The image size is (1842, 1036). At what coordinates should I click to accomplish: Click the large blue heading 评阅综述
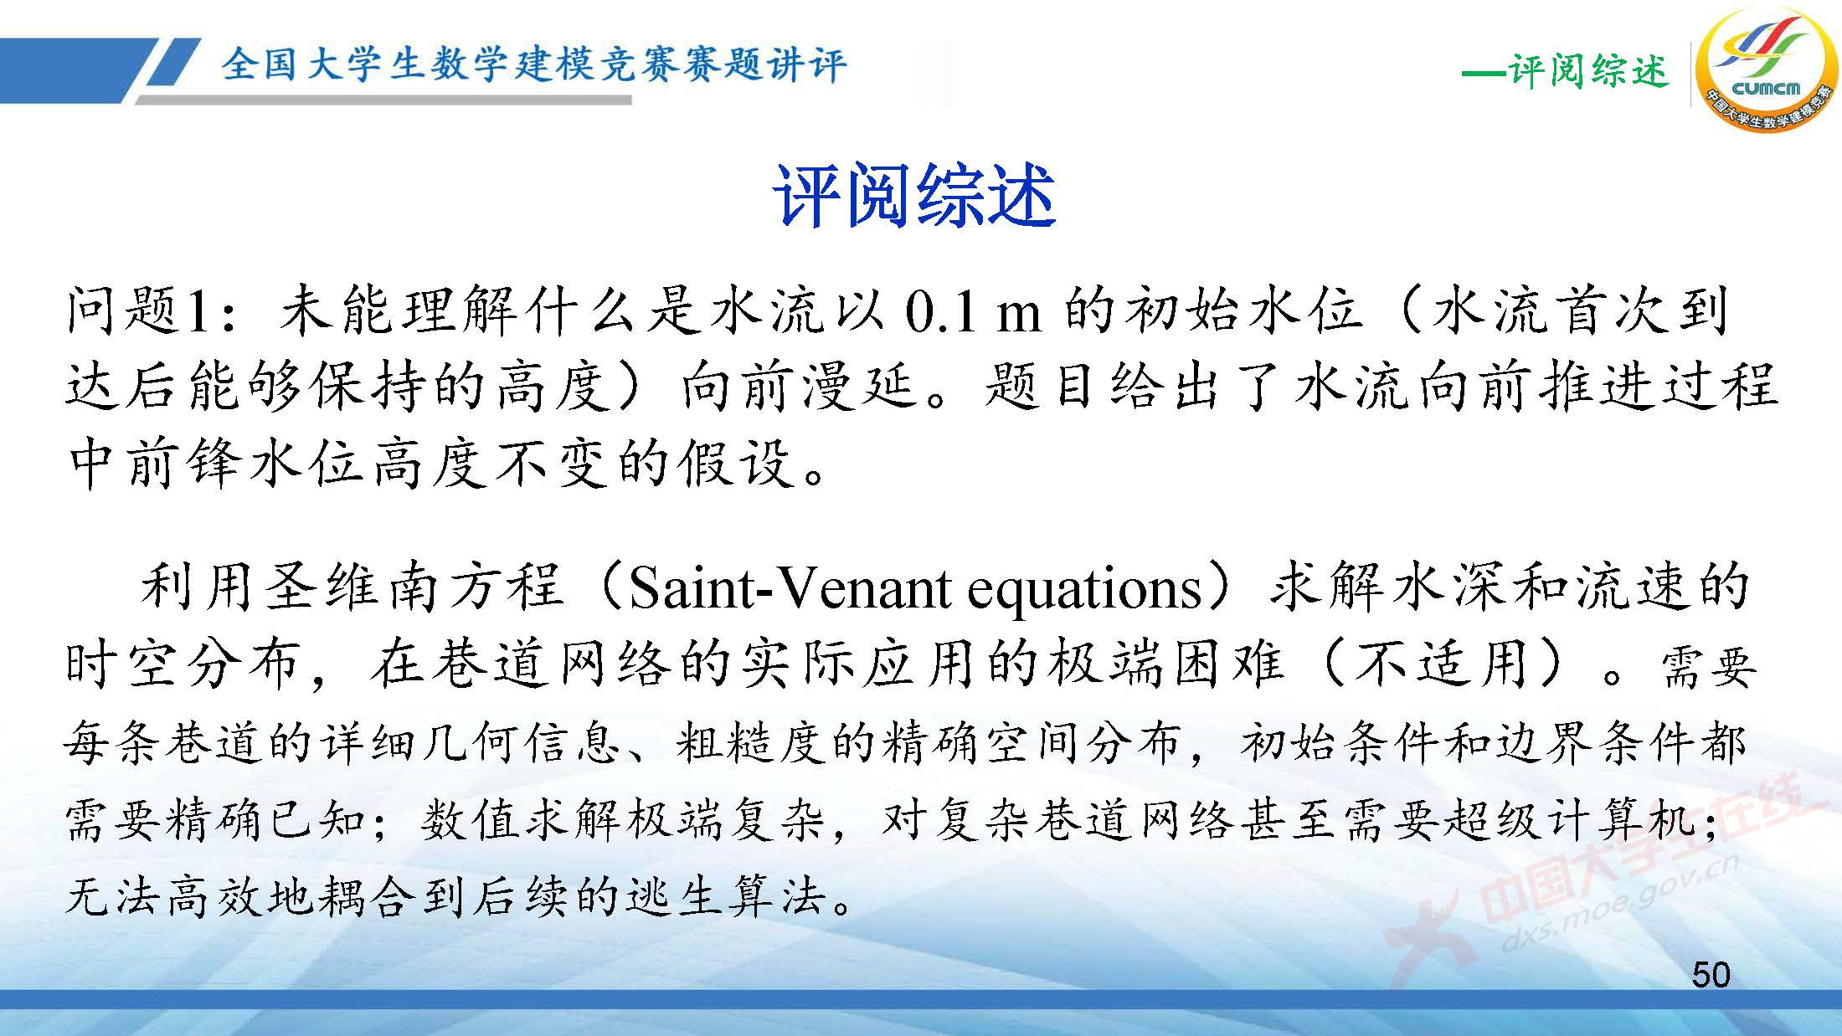(x=913, y=196)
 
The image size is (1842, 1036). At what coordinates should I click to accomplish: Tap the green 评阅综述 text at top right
(x=1587, y=70)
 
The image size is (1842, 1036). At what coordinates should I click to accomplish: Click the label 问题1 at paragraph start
(x=137, y=311)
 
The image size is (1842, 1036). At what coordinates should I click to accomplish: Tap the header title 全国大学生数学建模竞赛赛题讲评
(x=534, y=64)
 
